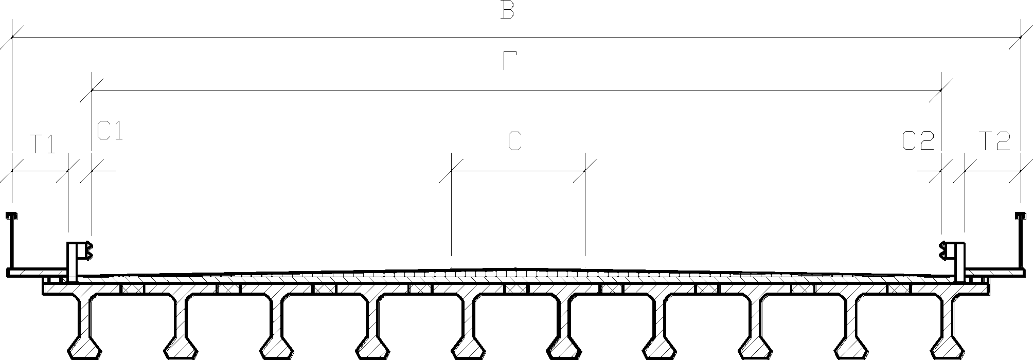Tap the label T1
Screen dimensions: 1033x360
tap(42, 144)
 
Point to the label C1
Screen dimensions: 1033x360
tap(110, 131)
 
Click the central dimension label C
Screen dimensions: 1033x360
tap(515, 141)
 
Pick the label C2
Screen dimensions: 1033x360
tap(918, 141)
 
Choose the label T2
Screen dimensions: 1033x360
tap(994, 141)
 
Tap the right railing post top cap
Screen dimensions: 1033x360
tap(1021, 214)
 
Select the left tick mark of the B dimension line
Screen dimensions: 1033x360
tap(11, 38)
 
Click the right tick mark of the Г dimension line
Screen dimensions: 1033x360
tap(941, 91)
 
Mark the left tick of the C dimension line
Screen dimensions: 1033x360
tap(451, 171)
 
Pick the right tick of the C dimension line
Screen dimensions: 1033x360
tap(585, 171)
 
